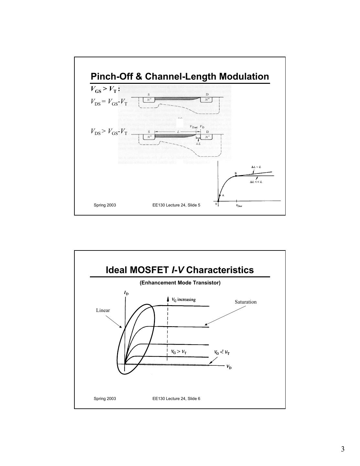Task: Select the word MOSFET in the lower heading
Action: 148,270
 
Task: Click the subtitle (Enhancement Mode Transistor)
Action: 180,283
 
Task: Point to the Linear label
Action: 103,310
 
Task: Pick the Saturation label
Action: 245,302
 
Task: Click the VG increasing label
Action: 183,299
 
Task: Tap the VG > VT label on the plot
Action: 179,352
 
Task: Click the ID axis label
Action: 126,293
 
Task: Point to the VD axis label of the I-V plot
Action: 229,367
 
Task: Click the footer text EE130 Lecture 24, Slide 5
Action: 176,205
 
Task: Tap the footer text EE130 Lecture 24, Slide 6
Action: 176,398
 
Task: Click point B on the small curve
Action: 236,176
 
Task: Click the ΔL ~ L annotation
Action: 256,167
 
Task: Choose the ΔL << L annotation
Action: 256,182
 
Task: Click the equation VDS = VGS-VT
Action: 109,102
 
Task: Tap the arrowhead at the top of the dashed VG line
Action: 168,299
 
